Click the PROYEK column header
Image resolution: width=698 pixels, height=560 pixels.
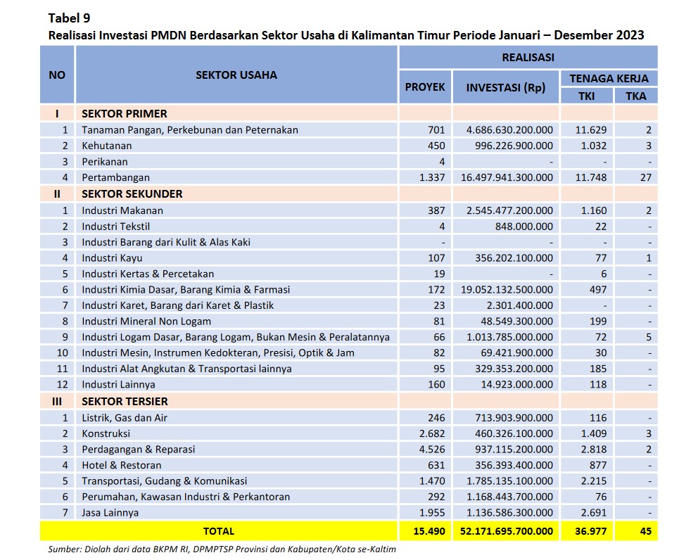[425, 87]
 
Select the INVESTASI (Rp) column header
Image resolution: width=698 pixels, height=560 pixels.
[506, 87]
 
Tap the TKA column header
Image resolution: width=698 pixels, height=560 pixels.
[635, 96]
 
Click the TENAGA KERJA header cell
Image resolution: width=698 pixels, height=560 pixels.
[609, 78]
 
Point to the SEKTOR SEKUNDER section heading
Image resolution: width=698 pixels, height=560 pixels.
[132, 194]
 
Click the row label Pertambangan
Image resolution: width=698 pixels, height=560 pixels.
[115, 177]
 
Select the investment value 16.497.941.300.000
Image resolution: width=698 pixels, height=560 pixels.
[507, 177]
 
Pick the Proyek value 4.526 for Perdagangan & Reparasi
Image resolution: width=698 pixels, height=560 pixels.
[432, 450]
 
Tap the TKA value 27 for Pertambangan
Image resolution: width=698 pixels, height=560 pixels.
[646, 177]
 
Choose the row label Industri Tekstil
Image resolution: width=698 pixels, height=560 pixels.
[115, 227]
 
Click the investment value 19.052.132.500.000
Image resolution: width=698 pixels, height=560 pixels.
[507, 290]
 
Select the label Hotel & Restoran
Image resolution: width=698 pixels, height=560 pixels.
[122, 465]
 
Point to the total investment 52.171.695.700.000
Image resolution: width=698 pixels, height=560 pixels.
[507, 531]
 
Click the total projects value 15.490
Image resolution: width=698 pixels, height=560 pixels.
[429, 531]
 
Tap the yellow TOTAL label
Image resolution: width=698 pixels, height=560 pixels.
[219, 531]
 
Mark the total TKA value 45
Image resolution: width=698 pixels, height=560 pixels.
[646, 531]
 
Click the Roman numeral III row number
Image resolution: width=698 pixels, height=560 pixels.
[57, 402]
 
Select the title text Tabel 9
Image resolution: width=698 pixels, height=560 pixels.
[69, 18]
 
